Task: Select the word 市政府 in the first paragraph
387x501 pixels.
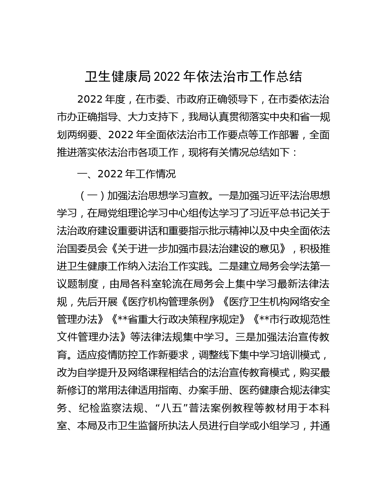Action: coord(192,99)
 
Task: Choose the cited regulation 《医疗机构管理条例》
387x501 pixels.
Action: coord(168,302)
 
